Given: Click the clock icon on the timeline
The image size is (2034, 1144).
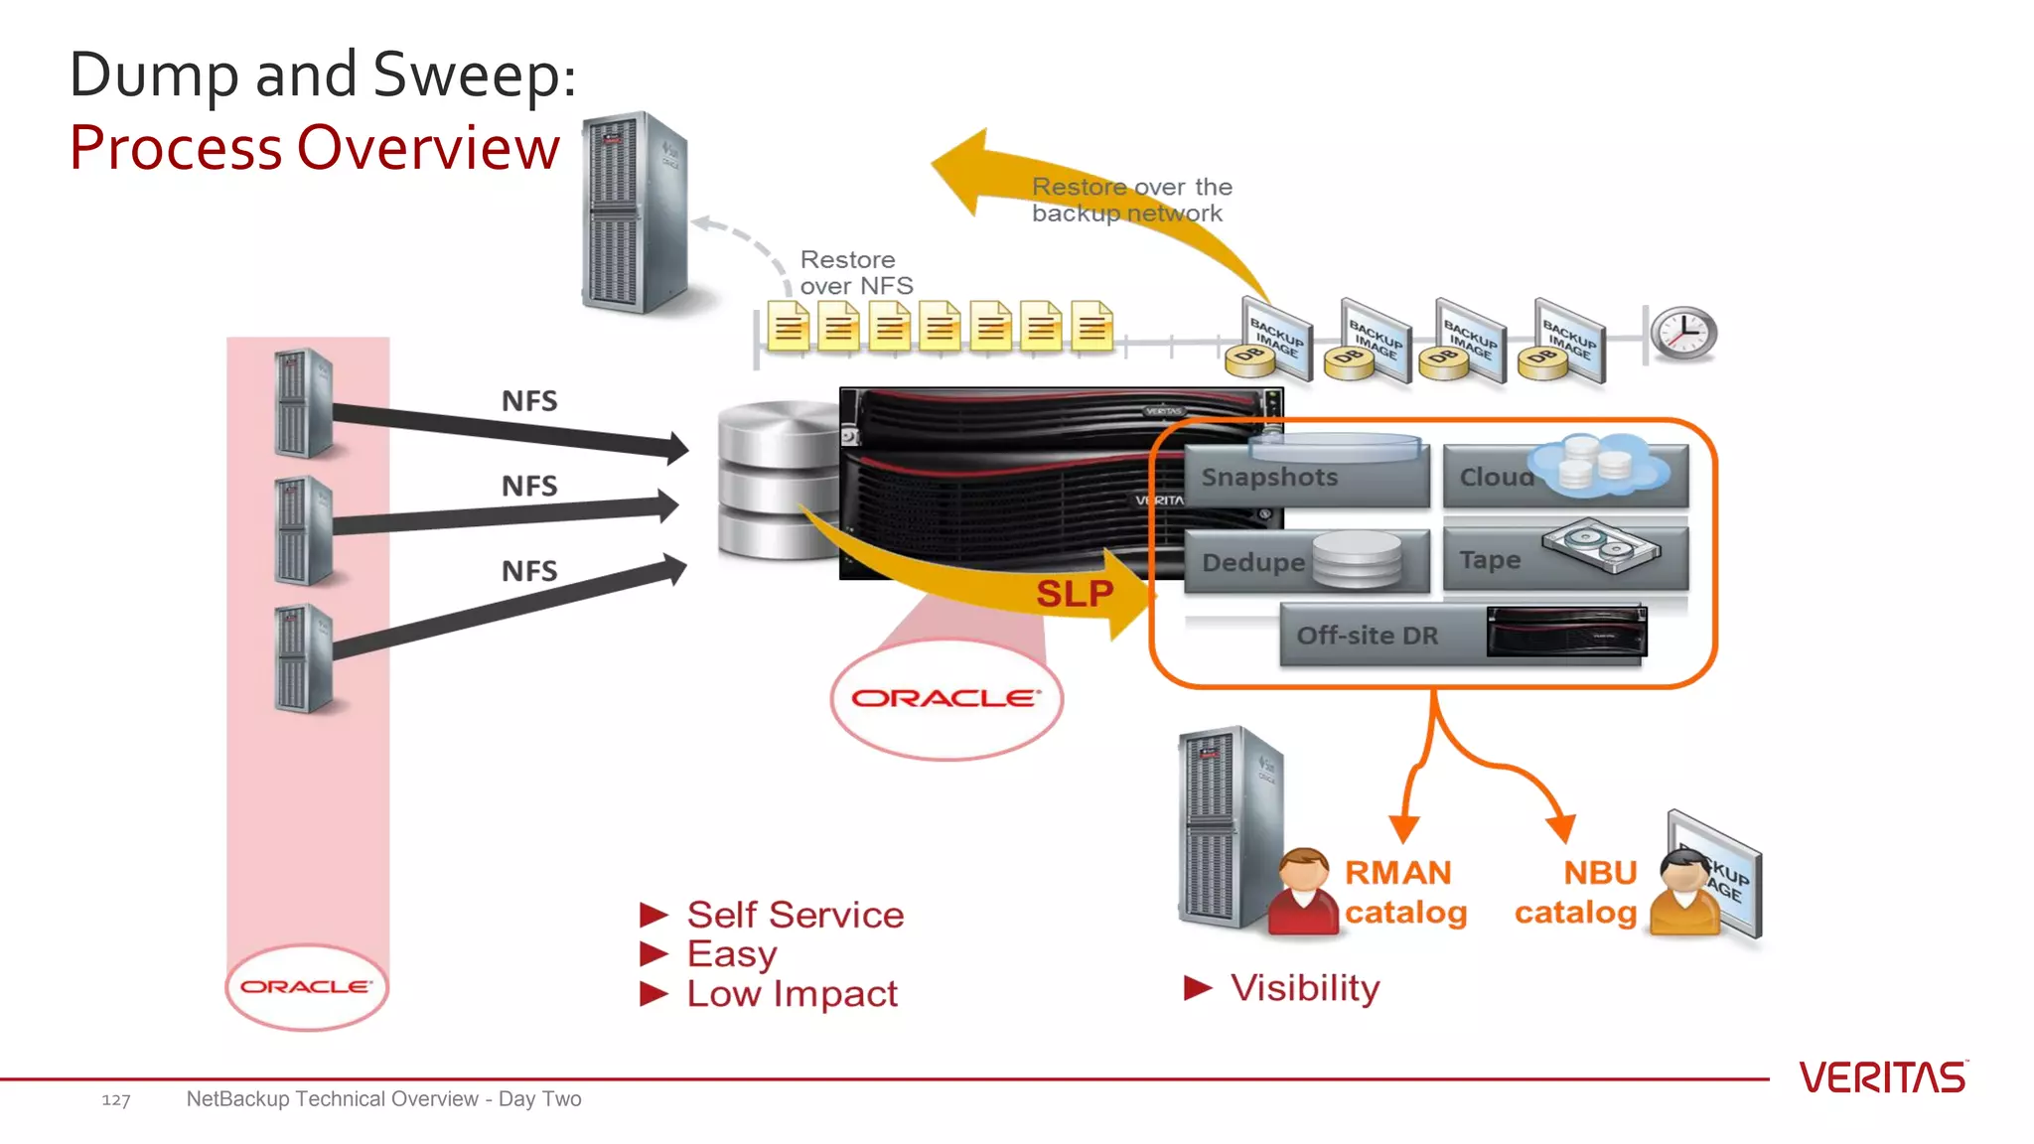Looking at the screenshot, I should tap(1683, 333).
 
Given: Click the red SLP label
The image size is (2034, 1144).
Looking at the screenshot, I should tap(1075, 594).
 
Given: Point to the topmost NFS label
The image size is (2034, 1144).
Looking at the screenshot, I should tap(529, 401).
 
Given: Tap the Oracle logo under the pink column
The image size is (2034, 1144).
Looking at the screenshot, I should tap(306, 987).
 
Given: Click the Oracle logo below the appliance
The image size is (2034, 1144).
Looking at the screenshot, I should tap(945, 699).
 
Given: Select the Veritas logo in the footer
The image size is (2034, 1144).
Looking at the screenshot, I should tap(1882, 1078).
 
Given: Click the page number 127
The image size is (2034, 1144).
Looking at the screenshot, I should tap(116, 1100).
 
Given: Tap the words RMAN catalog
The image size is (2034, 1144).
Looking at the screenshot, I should tap(1403, 893).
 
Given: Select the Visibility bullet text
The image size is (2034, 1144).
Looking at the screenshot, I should tap(1305, 988).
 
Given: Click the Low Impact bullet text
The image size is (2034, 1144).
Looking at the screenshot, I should tap(792, 994).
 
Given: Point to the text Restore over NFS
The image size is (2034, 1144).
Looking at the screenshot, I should tap(855, 273).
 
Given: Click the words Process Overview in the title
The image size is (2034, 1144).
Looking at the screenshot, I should tap(315, 148).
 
